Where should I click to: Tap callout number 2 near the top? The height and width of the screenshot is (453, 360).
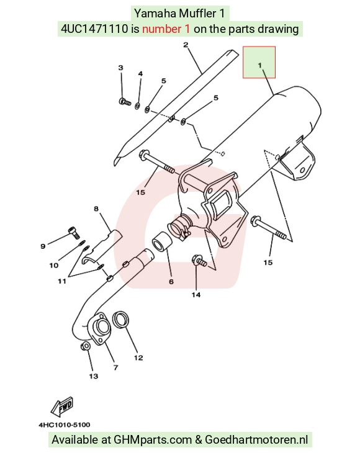pyautogui.click(x=186, y=45)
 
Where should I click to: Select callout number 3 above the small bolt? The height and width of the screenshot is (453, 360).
pyautogui.click(x=121, y=68)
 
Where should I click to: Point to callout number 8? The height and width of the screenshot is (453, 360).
pyautogui.click(x=96, y=209)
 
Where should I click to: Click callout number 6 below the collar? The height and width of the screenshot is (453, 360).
pyautogui.click(x=171, y=281)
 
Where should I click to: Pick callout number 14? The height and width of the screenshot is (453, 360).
pyautogui.click(x=196, y=295)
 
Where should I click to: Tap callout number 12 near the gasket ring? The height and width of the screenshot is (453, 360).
pyautogui.click(x=138, y=357)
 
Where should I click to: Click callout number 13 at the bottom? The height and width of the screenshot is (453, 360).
pyautogui.click(x=94, y=376)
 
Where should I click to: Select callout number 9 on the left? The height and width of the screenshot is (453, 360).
pyautogui.click(x=43, y=246)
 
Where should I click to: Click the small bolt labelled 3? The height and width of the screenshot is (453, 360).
pyautogui.click(x=125, y=102)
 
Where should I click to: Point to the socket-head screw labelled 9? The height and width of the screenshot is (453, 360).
pyautogui.click(x=74, y=233)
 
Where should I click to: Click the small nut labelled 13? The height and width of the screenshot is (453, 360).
pyautogui.click(x=86, y=346)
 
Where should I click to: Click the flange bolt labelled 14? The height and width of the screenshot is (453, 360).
pyautogui.click(x=199, y=260)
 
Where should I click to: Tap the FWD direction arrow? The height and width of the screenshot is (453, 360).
pyautogui.click(x=62, y=407)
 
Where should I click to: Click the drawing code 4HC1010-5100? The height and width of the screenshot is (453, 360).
pyautogui.click(x=65, y=425)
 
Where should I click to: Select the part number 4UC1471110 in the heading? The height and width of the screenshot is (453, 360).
pyautogui.click(x=94, y=29)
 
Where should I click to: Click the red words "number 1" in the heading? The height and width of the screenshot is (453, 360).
pyautogui.click(x=166, y=29)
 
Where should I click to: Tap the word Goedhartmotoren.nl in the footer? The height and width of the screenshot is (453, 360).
pyautogui.click(x=256, y=440)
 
